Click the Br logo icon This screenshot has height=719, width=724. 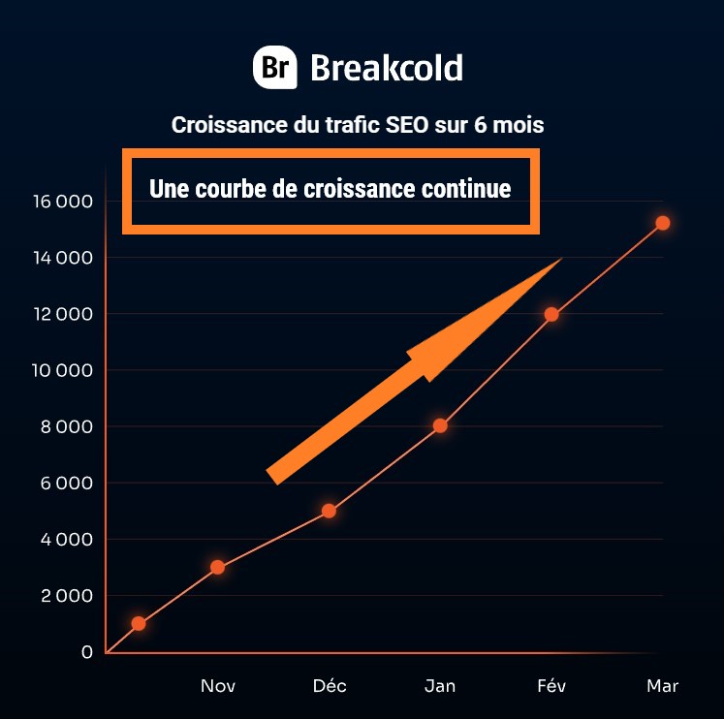point(274,68)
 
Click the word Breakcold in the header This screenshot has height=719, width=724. point(386,68)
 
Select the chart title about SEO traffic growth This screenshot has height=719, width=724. point(358,125)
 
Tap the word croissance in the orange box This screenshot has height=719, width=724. point(359,188)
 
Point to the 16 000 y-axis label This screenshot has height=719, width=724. point(61,202)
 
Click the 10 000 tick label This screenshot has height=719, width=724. point(61,370)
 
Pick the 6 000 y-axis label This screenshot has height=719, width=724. point(63,483)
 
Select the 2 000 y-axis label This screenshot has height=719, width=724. point(63,595)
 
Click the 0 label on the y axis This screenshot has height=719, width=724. point(87,651)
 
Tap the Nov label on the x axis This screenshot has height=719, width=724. point(217,686)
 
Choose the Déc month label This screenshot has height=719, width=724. point(330,686)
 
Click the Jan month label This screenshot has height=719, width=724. point(440,686)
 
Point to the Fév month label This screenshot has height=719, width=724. point(551,686)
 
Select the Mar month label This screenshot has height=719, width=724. point(663,686)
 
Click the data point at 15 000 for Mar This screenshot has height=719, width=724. point(663,223)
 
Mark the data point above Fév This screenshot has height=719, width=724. point(551,314)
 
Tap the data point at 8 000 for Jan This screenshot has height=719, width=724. point(440,425)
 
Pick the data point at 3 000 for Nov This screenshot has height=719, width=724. point(217,567)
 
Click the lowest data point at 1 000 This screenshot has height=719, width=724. point(139,623)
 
